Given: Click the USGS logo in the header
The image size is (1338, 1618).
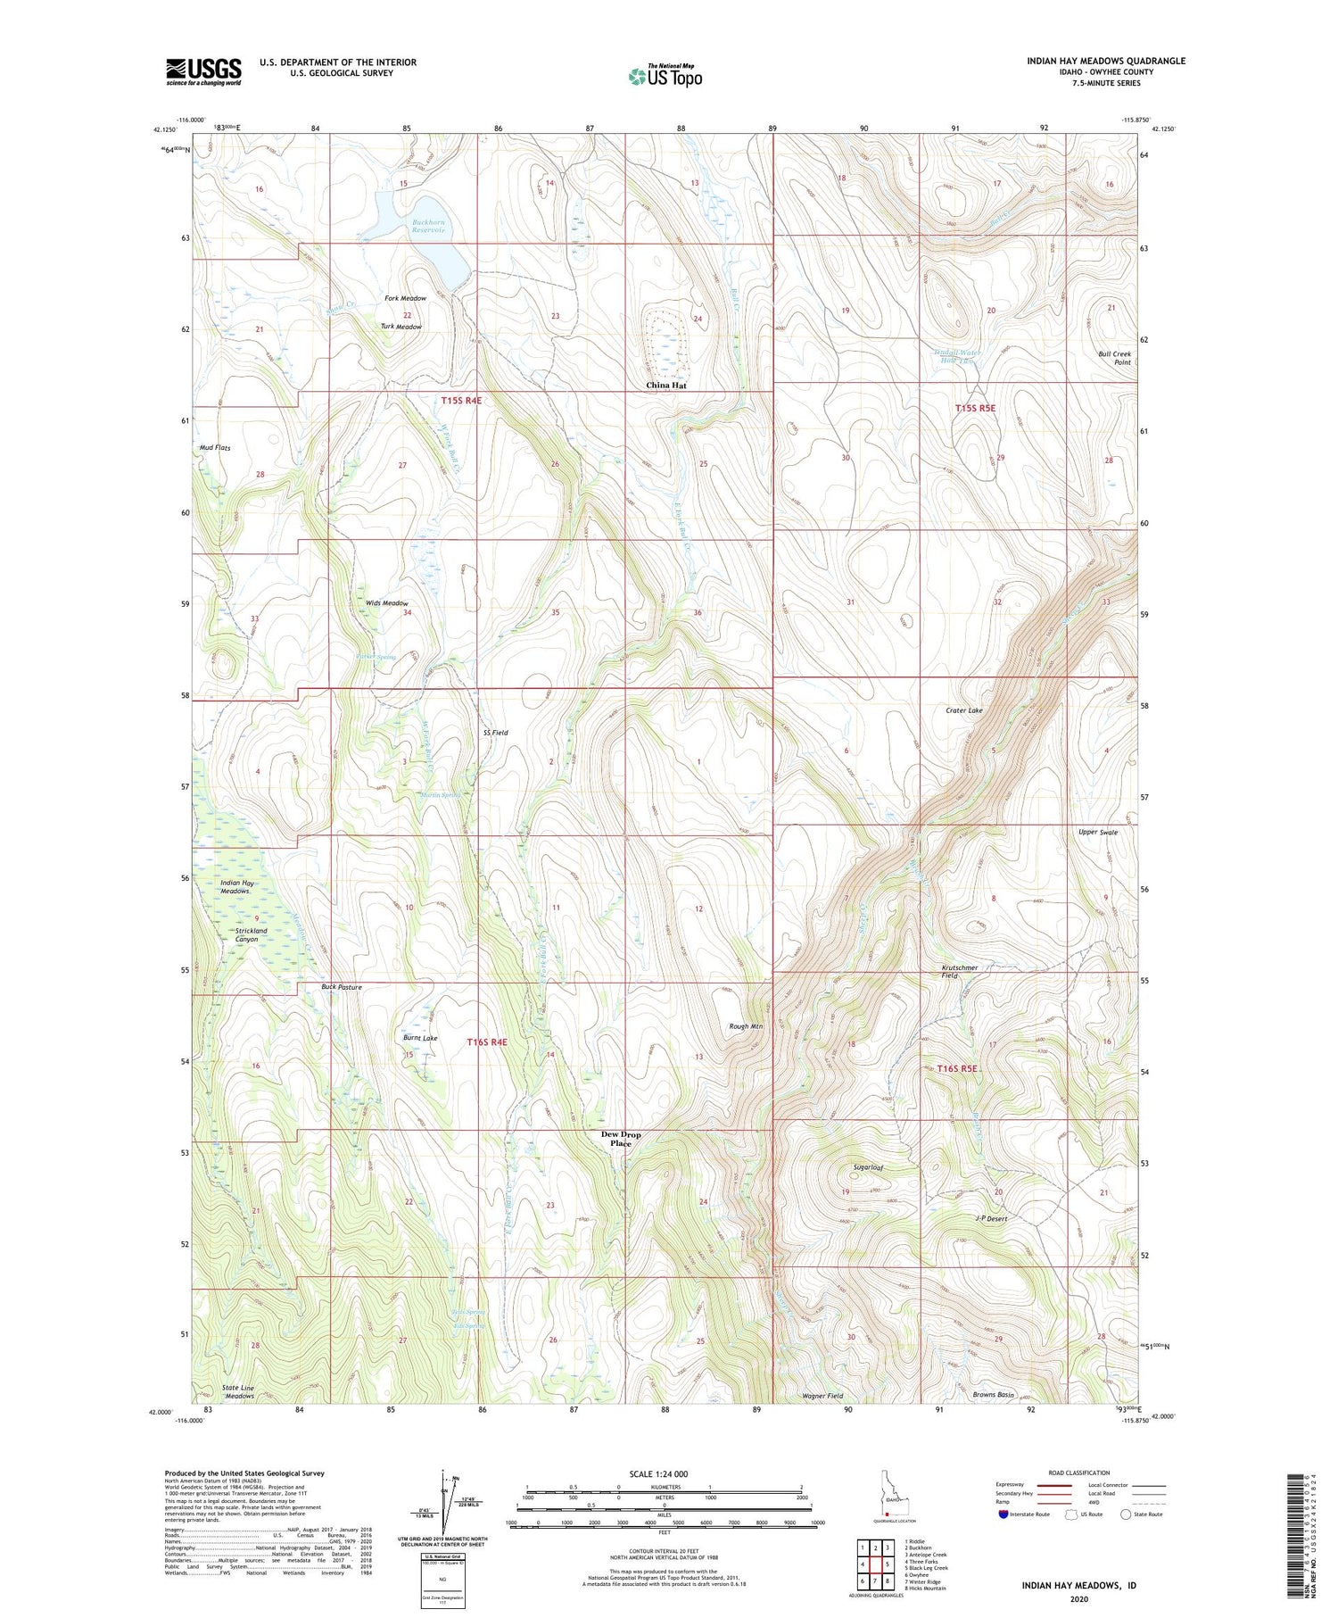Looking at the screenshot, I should click(x=203, y=71).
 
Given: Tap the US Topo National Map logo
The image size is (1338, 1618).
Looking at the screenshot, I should click(x=665, y=76).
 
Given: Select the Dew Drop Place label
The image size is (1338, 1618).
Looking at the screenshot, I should click(x=620, y=1139).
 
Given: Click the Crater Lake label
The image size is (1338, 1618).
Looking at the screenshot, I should click(x=963, y=710).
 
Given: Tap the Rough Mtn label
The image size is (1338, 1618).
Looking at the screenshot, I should click(x=746, y=1026).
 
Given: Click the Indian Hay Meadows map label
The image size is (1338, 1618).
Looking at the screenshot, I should click(x=235, y=887).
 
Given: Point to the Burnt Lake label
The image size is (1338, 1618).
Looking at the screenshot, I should click(x=419, y=1038).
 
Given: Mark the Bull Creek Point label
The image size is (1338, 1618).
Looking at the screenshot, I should click(x=1114, y=358).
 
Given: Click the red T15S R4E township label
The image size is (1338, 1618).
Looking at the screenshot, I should click(x=461, y=401).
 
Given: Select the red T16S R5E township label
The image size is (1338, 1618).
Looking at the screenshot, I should click(x=957, y=1068).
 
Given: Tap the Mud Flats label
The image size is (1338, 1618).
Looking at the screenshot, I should click(x=215, y=448).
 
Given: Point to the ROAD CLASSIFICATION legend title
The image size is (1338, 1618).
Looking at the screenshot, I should click(x=1079, y=1473).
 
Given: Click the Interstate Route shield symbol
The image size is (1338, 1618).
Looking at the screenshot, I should click(x=1003, y=1514).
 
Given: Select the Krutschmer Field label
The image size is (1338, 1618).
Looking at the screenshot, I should click(x=959, y=971).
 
